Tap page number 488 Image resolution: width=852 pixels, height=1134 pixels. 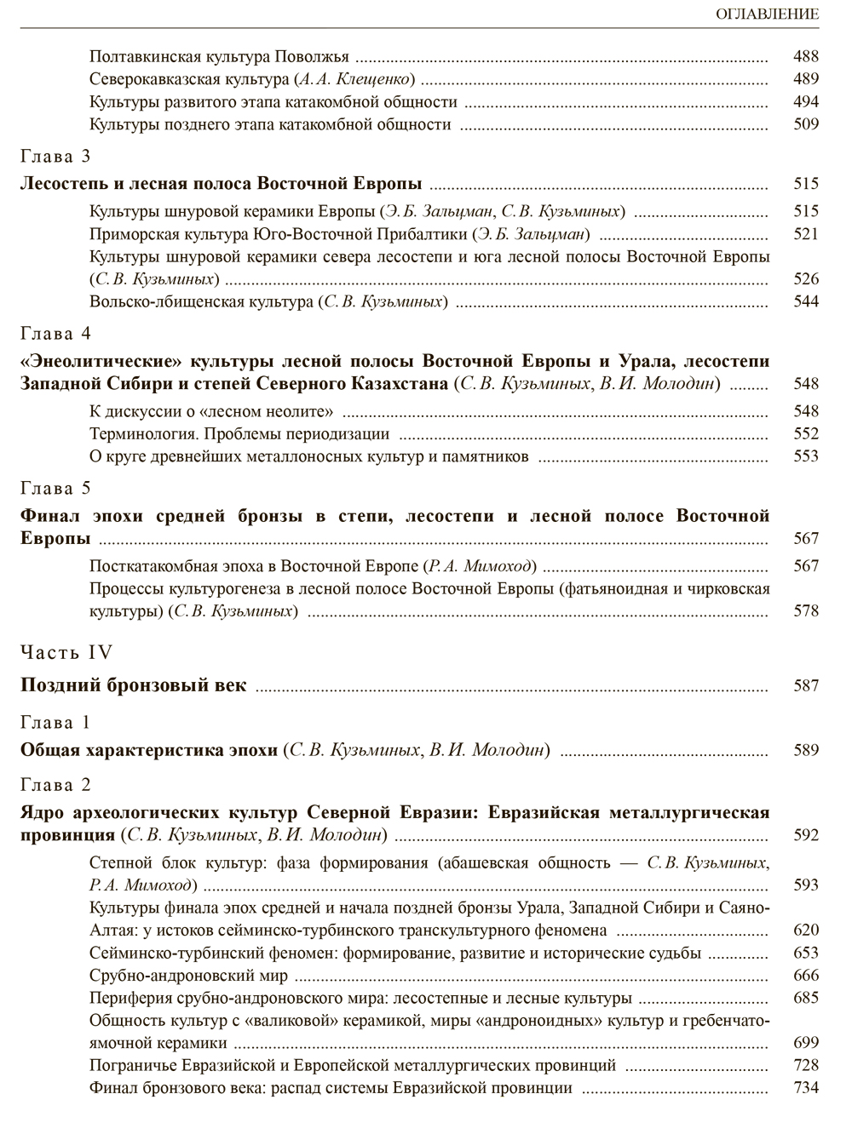pos(804,57)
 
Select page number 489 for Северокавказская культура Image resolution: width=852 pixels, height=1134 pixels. pos(804,79)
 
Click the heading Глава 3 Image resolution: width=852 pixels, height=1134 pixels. pos(55,157)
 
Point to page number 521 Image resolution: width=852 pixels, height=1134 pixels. pos(804,233)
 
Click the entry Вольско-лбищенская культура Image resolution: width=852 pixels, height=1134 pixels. pos(201,301)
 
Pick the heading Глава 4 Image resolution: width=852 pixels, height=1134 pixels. pos(55,334)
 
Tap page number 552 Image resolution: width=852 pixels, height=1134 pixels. pos(804,433)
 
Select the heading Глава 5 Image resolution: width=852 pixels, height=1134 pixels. pos(55,489)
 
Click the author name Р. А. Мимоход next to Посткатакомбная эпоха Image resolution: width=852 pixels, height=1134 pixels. pos(481,566)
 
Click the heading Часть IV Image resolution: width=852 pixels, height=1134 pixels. pos(66,653)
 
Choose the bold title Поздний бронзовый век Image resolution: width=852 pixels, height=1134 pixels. pos(133,685)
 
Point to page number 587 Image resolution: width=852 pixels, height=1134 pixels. pos(804,685)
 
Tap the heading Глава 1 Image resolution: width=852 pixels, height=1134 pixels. pos(55,723)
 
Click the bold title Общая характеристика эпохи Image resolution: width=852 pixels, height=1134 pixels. pos(149,750)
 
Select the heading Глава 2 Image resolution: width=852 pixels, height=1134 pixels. pos(55,785)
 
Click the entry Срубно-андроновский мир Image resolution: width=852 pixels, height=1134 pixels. pos(188,976)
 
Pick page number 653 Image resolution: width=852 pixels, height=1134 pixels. pos(804,953)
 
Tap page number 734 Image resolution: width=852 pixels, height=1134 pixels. pos(804,1087)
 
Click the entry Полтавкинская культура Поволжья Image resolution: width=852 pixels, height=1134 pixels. pos(219,57)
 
